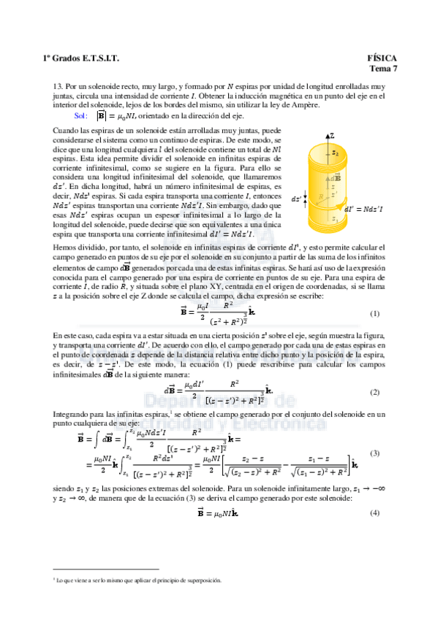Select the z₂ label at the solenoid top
click(335, 153)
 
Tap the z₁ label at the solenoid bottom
click(335, 218)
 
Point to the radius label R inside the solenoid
click(320, 196)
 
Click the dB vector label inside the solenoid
click(336, 177)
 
